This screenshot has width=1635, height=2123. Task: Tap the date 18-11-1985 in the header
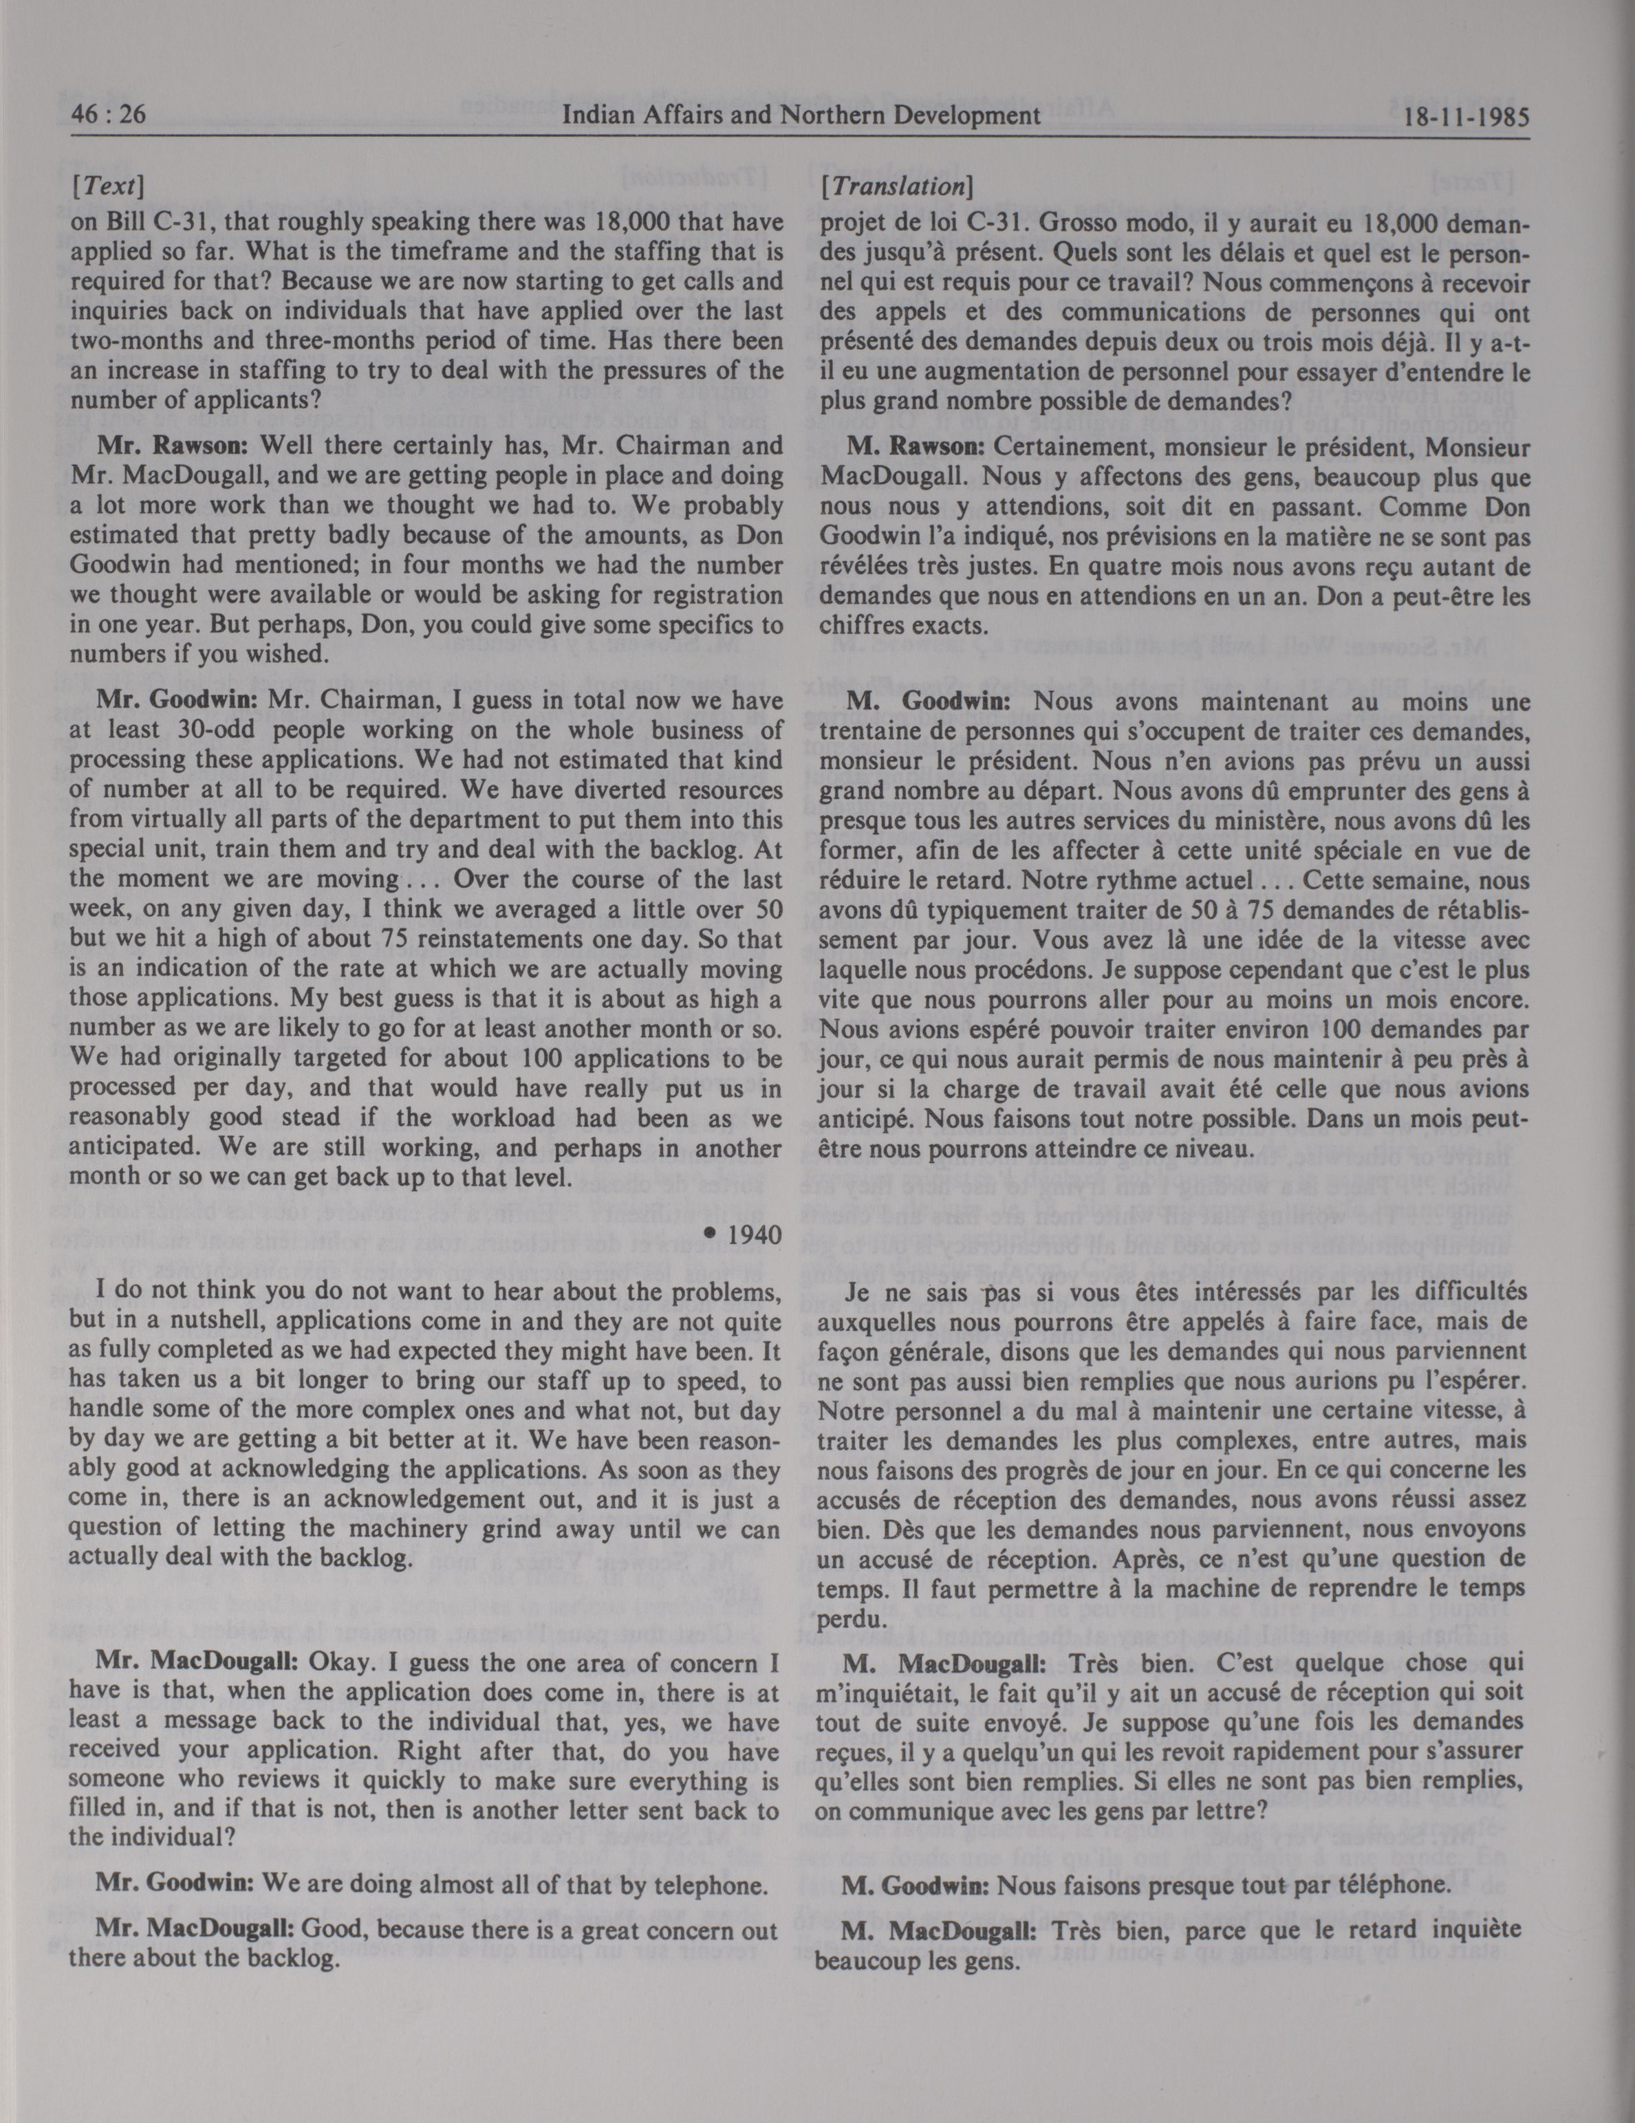(1467, 118)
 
